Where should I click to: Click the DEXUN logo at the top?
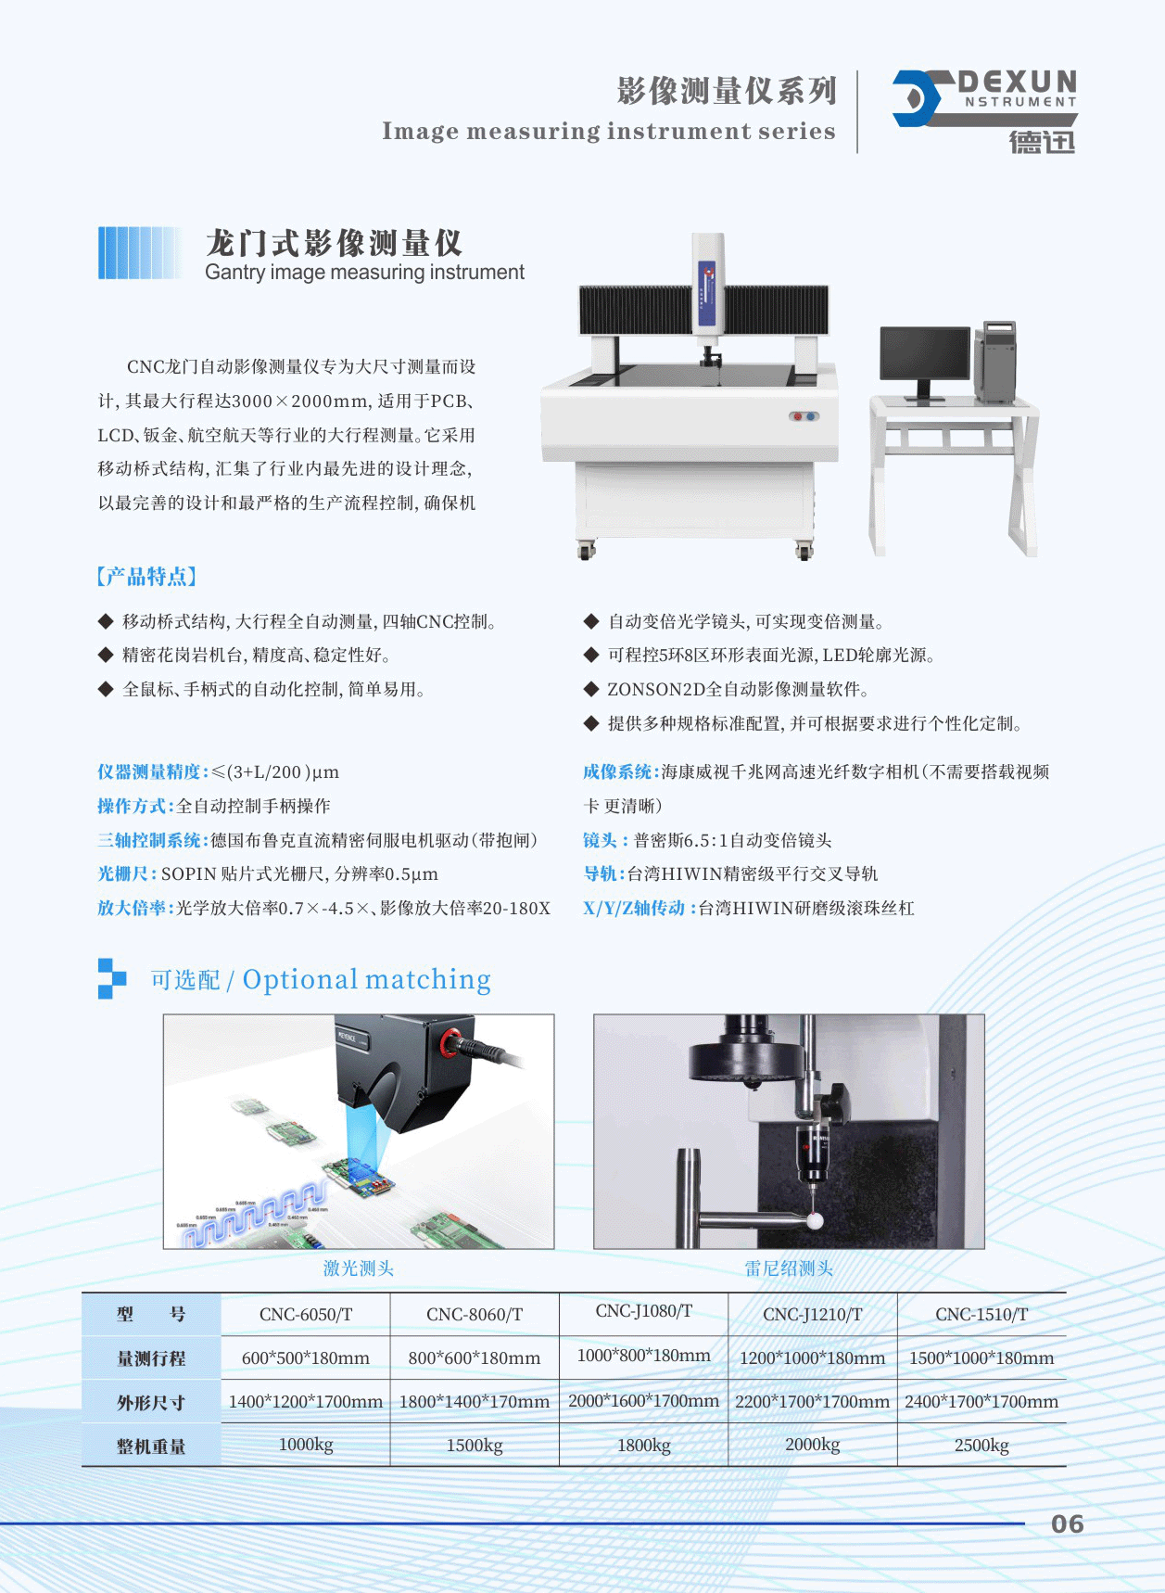984,110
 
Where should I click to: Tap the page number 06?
1067,1523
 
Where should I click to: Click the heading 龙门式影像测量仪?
334,243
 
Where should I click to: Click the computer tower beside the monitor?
994,361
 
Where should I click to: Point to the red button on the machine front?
797,416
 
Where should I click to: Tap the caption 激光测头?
358,1268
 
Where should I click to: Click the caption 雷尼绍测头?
789,1268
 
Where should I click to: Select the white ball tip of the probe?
815,1220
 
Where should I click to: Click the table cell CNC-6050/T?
306,1314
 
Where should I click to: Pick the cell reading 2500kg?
981,1445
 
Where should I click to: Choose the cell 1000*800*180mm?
643,1356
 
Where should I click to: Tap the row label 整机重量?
151,1446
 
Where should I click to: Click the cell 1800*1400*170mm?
475,1401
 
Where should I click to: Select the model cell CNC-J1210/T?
813,1314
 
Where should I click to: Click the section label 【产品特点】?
146,577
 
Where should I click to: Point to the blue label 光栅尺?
126,873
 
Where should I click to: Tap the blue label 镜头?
601,840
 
